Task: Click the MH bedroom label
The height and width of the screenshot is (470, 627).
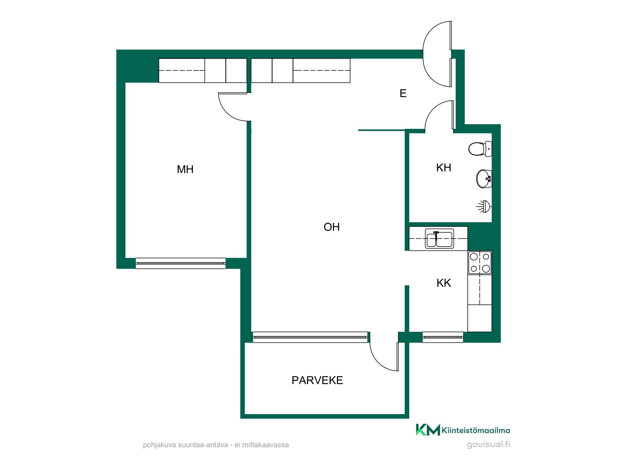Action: (185, 170)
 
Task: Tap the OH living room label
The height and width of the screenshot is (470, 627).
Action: (332, 227)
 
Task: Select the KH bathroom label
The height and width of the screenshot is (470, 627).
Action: (444, 168)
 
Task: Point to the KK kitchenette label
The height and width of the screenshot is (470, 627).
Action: (444, 283)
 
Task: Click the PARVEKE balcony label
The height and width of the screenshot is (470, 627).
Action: (317, 380)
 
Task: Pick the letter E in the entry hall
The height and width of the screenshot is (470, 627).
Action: (403, 93)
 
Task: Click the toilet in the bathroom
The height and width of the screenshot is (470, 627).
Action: (480, 149)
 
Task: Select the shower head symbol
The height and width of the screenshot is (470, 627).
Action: (484, 206)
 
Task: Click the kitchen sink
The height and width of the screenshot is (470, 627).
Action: (439, 239)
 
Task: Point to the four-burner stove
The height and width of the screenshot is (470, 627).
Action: (480, 263)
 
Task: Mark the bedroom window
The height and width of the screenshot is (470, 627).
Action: (181, 264)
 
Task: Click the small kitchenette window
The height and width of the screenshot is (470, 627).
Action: (443, 337)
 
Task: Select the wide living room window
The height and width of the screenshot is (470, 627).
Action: (310, 337)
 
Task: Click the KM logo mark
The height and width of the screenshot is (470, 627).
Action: (428, 430)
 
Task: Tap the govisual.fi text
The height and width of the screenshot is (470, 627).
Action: (488, 444)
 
